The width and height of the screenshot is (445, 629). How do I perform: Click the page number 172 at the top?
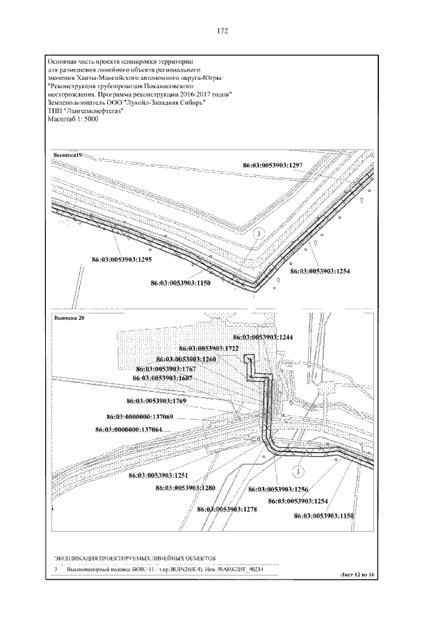click(x=222, y=31)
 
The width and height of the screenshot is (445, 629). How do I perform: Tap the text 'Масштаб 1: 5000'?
click(x=72, y=119)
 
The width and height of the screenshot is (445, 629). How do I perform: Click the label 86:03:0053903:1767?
click(x=165, y=368)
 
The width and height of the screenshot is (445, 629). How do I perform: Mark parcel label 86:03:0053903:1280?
click(x=186, y=488)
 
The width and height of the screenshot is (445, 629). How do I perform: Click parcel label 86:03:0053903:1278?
click(x=227, y=509)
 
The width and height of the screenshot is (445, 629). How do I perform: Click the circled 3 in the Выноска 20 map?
click(x=298, y=472)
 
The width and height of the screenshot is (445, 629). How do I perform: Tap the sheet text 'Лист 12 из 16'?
click(x=359, y=576)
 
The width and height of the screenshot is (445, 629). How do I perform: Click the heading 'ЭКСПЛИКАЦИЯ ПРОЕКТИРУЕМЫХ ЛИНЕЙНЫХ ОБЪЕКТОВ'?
click(x=135, y=558)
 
